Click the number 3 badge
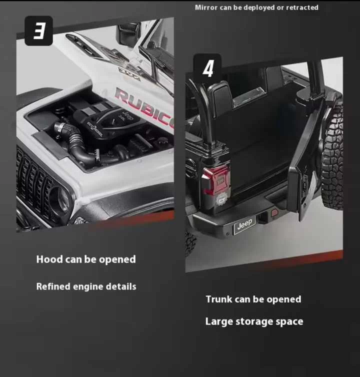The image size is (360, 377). click(38, 31)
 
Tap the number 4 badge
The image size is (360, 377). click(207, 68)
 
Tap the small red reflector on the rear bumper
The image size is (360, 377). click(274, 213)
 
